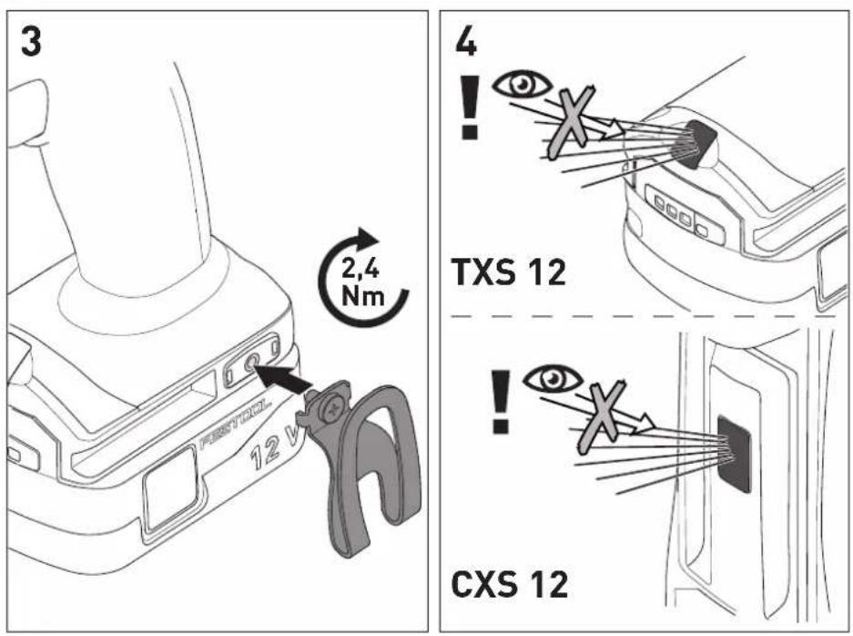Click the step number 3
pos(31,41)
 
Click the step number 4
pos(466,41)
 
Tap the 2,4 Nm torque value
pos(362,283)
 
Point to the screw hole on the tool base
pos(250,364)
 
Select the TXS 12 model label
pos(509,272)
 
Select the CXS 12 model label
pos(509,583)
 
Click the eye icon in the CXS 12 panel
pos(553,378)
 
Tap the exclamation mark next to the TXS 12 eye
pos(469,108)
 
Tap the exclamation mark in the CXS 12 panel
pos(501,401)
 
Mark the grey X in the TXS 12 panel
pos(570,121)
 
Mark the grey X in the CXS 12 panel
pos(601,417)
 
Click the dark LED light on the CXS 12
pos(734,454)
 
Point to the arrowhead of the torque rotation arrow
pos(369,237)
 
